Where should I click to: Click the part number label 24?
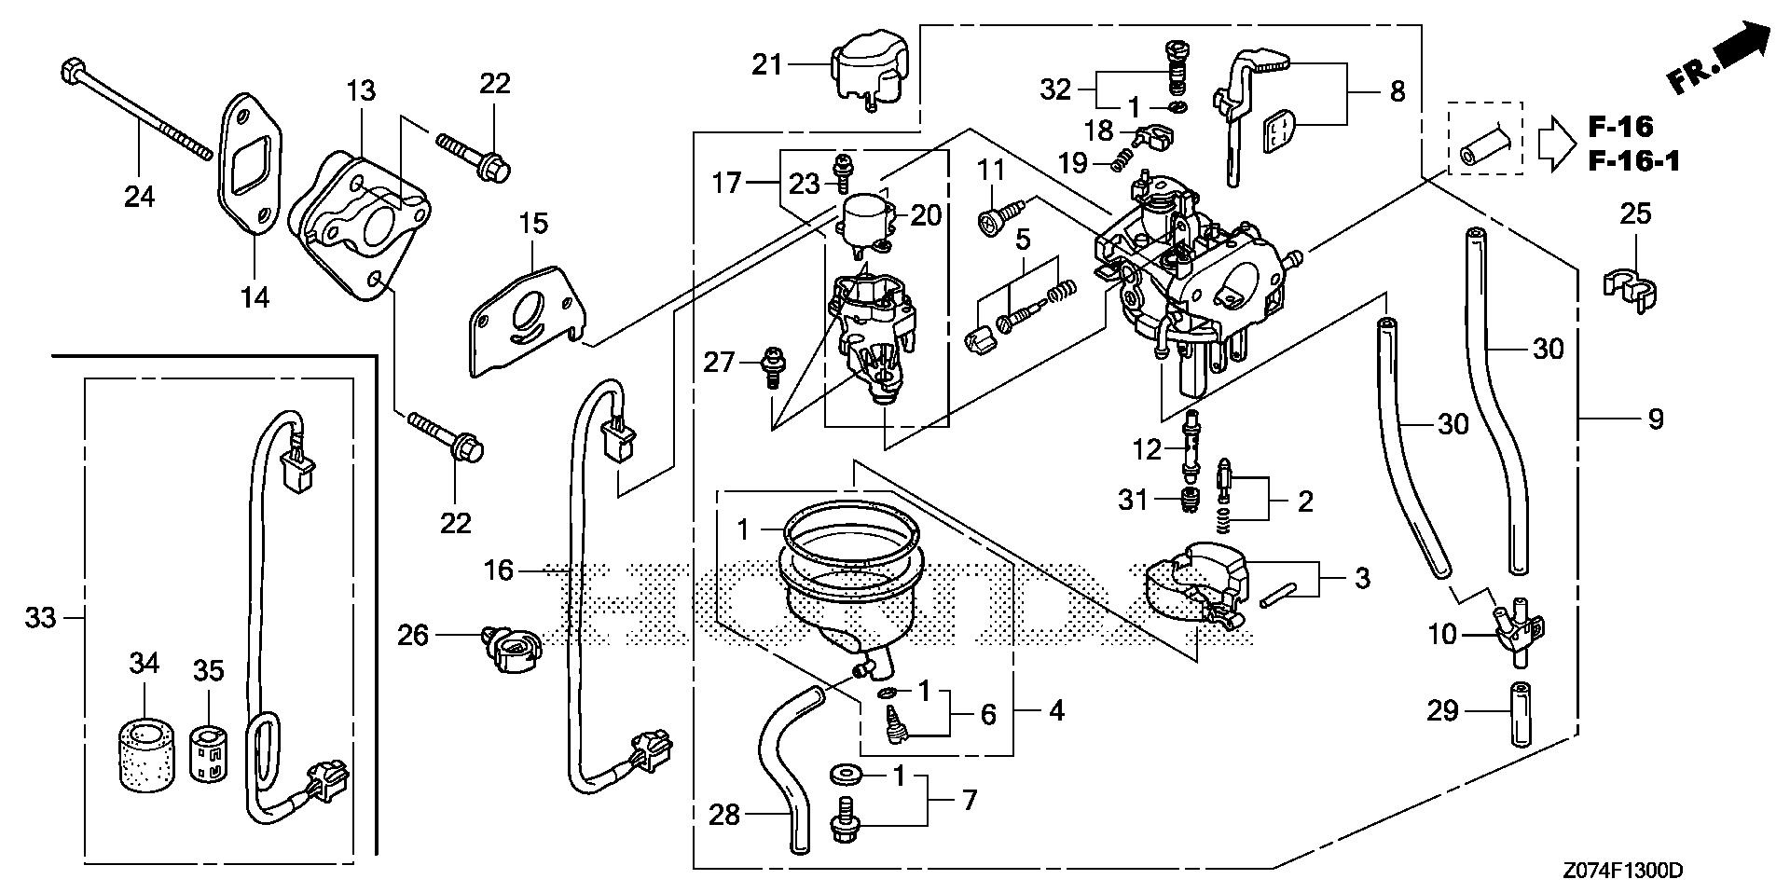141,197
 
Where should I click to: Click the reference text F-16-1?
1633,162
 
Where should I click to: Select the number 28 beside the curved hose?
724,815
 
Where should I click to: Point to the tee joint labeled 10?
1516,634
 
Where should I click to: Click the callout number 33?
40,617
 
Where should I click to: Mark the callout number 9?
1655,419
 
